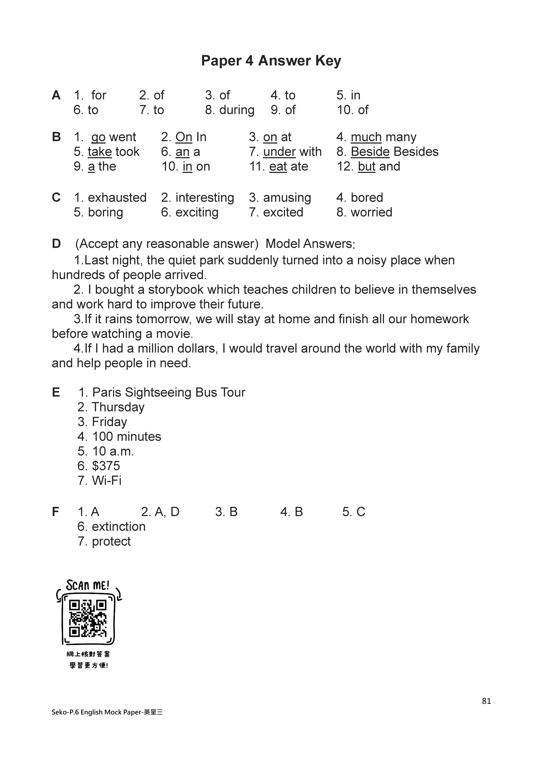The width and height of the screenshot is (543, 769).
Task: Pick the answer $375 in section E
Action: pos(106,466)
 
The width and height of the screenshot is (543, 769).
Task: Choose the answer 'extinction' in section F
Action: pos(119,526)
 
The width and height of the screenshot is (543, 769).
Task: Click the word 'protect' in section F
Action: pos(111,541)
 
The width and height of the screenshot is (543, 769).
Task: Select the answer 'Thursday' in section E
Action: pos(118,407)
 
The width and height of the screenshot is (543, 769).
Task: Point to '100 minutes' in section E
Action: pos(126,437)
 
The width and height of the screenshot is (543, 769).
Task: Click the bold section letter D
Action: pos(56,244)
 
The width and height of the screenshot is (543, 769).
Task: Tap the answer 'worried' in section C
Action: pos(371,212)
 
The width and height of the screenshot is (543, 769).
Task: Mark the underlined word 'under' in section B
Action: pos(279,152)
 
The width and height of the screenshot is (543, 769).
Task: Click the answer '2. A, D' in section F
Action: pos(160,512)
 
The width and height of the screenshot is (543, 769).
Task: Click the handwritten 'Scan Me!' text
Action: pos(88,585)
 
